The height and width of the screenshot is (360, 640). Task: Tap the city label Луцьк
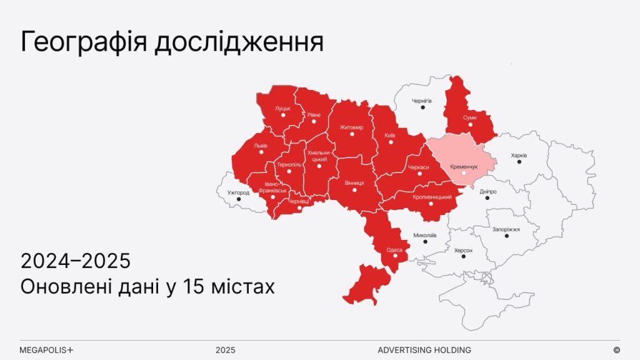tap(282, 108)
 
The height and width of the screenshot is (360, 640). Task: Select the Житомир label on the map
tap(351, 127)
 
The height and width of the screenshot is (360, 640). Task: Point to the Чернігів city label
tap(422, 100)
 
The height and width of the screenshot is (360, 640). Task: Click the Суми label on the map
tap(470, 117)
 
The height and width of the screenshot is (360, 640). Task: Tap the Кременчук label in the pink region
tap(464, 167)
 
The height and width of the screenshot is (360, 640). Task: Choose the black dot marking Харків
tap(519, 162)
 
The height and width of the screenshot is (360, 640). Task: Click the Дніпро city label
tap(488, 191)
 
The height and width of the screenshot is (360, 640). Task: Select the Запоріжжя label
tap(506, 229)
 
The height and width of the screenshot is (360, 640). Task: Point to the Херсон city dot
tap(464, 257)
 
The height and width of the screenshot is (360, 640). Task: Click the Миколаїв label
tap(425, 235)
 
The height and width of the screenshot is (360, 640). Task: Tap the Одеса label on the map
tap(394, 249)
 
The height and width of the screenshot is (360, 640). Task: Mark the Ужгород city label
tap(239, 192)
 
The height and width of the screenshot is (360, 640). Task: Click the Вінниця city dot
tap(354, 191)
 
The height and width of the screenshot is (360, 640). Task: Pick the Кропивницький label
tap(432, 197)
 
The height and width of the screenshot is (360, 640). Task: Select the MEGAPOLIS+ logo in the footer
tap(47, 350)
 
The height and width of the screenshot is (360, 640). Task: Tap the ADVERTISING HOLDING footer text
tap(424, 350)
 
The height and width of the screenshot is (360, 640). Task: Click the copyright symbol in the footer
tap(616, 350)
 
